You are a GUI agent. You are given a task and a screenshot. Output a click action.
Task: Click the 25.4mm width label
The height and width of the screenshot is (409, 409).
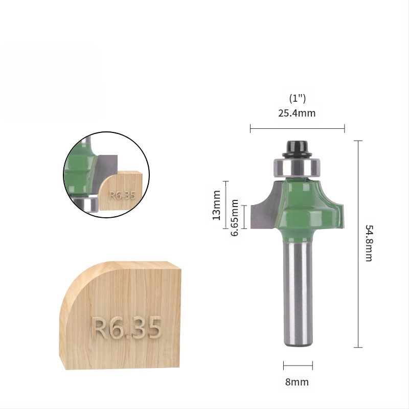pos(297,113)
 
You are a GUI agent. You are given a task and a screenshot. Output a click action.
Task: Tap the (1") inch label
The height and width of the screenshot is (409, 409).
pos(298,98)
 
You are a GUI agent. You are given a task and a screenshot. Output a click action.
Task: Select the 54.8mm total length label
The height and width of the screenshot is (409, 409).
pos(369,243)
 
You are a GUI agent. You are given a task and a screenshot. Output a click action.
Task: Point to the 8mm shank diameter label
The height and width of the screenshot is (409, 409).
pos(297,382)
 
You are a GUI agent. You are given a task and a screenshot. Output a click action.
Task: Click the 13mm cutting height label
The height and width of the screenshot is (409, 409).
pos(216,206)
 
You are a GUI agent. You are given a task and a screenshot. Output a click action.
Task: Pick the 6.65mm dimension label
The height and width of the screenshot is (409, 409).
pos(235,218)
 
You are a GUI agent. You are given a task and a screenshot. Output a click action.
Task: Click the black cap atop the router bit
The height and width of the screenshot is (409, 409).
pos(298,149)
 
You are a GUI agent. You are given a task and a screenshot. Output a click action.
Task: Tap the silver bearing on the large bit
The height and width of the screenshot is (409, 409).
pos(297,167)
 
